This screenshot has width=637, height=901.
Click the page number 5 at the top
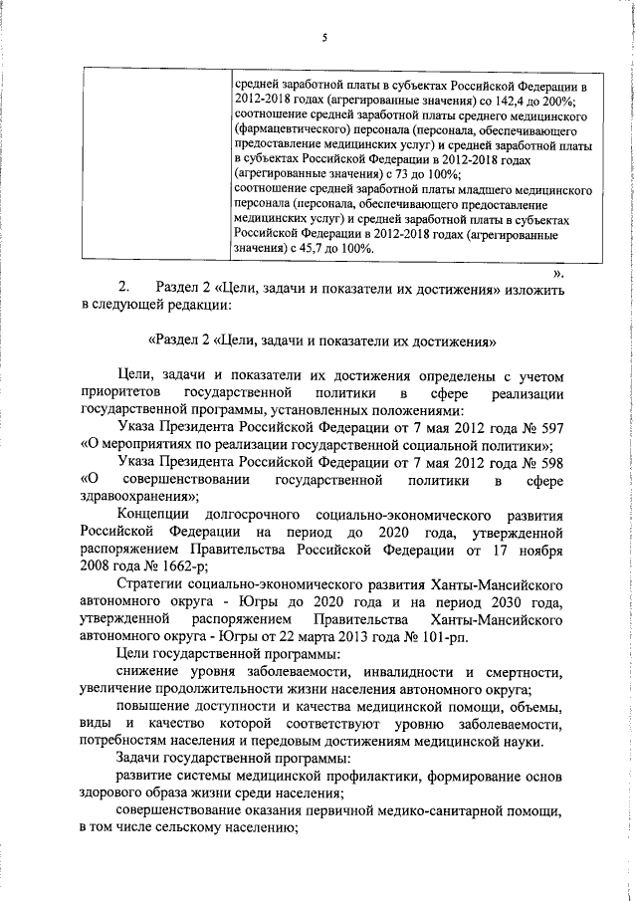323,38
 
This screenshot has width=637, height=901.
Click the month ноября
538,549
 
